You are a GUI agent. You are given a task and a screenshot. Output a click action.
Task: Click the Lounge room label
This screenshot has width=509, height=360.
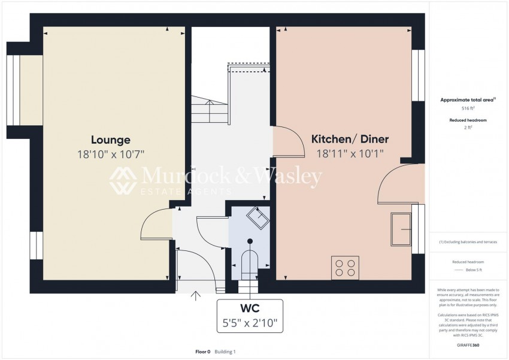coord(111,140)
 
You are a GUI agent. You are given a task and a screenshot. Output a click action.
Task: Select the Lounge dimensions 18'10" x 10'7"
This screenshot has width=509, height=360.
coord(111,154)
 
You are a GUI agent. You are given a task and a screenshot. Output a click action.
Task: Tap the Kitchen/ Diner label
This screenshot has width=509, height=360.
coord(350,140)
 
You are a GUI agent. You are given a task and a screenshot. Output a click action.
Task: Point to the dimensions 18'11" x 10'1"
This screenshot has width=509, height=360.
coord(350,153)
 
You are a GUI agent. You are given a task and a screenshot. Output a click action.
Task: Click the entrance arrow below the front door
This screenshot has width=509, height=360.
coord(195,295)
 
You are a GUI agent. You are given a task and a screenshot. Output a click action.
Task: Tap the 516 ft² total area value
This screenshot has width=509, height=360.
coord(468,108)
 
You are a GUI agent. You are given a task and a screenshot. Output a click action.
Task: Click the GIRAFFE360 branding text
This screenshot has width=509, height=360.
coord(468,346)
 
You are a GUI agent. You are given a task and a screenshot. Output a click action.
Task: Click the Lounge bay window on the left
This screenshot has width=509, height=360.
coord(20,84)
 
